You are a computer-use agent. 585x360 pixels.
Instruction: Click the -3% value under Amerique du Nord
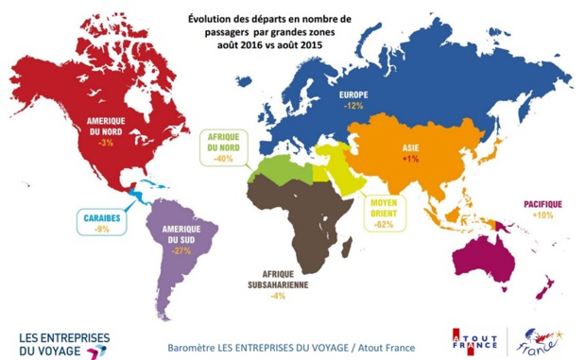click(x=106, y=143)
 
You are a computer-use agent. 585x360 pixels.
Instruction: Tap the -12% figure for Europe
click(x=354, y=107)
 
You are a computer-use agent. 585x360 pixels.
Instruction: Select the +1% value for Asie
click(x=410, y=159)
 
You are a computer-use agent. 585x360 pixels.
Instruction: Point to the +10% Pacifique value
click(x=543, y=215)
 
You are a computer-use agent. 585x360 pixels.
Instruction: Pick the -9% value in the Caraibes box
click(x=101, y=228)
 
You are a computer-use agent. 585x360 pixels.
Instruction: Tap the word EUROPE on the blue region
click(x=354, y=95)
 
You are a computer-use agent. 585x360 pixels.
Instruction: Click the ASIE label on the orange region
click(x=411, y=148)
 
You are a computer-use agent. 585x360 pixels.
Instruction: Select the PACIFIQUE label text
click(x=542, y=204)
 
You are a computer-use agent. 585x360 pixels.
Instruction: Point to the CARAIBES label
click(x=101, y=216)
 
